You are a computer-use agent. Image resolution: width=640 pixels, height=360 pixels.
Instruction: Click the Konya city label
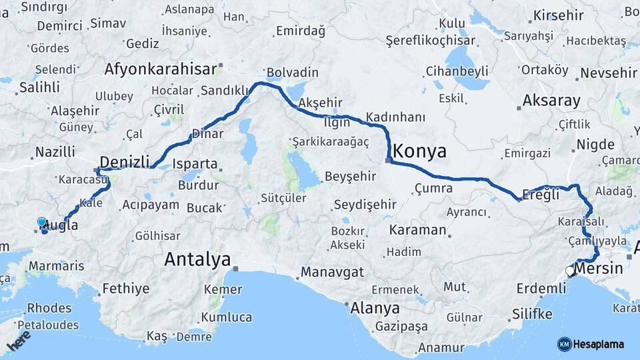[420, 151]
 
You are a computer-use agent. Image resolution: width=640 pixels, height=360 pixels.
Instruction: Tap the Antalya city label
[197, 259]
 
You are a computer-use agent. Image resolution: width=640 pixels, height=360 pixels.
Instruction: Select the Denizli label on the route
[123, 161]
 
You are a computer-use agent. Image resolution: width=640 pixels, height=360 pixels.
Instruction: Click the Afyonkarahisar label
[161, 69]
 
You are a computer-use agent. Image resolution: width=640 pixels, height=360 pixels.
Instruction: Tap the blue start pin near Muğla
[42, 223]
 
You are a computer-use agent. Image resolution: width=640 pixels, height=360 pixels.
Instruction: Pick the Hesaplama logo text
[597, 344]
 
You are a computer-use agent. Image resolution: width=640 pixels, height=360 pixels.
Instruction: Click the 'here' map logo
[18, 341]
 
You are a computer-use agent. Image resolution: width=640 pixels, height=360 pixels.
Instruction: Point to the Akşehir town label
[321, 103]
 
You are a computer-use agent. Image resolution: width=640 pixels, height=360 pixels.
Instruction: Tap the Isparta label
[195, 163]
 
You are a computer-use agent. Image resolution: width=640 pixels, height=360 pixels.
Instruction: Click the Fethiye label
[125, 289]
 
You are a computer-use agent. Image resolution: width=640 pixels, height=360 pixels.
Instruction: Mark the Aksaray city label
[551, 101]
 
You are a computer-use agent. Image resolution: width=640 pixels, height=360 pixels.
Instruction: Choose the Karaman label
[417, 230]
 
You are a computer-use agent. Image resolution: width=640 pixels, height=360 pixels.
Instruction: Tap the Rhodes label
[49, 308]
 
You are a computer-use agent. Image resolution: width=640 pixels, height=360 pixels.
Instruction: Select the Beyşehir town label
[351, 177]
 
